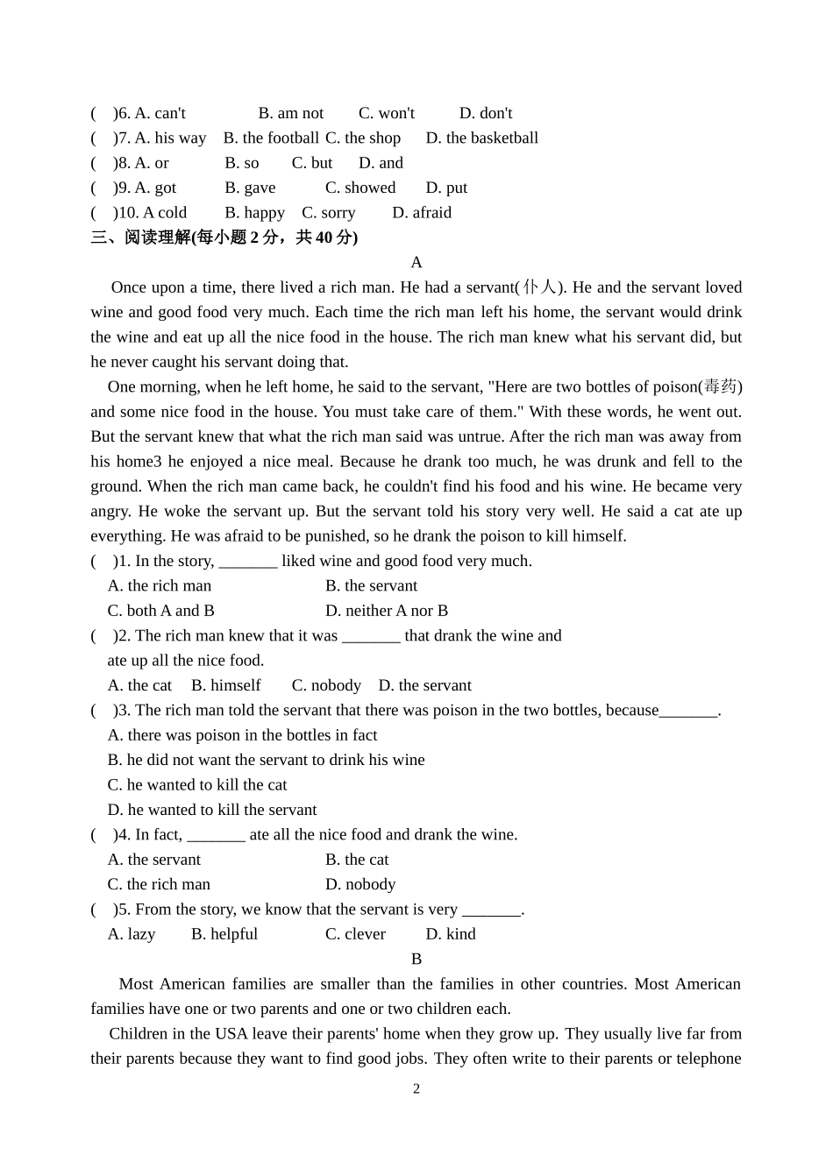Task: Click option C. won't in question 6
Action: [x=386, y=113]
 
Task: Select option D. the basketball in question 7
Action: [x=481, y=138]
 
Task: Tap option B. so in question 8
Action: [x=241, y=163]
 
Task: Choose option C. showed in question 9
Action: [x=360, y=188]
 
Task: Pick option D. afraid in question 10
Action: [x=421, y=212]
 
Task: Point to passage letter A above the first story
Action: [x=416, y=262]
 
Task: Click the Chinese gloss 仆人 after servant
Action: [x=539, y=287]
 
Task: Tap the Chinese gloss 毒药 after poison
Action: [x=721, y=386]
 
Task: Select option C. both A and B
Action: [x=160, y=611]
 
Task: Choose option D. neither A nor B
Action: [x=386, y=611]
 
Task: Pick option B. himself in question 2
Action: [x=225, y=685]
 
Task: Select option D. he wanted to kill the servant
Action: [x=211, y=810]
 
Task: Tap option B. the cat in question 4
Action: [x=356, y=860]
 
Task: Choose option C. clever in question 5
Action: [x=355, y=934]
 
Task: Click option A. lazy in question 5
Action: [x=132, y=934]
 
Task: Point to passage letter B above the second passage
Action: [x=416, y=959]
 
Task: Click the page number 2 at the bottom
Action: [x=416, y=1089]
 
